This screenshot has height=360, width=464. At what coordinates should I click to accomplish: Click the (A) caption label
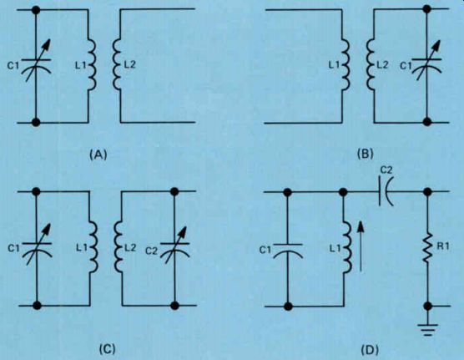(x=98, y=155)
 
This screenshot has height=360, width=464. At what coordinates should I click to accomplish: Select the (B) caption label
(x=366, y=155)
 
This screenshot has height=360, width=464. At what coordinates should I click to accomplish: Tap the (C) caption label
(x=107, y=349)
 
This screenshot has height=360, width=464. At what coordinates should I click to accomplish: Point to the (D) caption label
(x=370, y=350)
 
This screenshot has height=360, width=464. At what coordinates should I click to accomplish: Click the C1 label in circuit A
(x=13, y=66)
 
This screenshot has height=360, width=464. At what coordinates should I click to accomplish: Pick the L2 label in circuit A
(x=129, y=64)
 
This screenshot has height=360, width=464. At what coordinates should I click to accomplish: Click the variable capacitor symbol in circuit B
(x=426, y=63)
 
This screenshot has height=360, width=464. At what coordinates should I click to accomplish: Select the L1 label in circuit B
(x=334, y=65)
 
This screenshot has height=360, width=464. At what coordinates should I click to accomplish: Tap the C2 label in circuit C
(x=151, y=251)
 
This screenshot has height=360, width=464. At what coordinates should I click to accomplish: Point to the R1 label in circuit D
(x=442, y=246)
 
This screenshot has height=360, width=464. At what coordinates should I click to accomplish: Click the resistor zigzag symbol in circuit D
(x=427, y=247)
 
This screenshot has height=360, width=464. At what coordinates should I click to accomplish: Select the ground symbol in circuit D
(x=427, y=330)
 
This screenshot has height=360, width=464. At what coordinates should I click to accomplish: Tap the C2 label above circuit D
(x=386, y=170)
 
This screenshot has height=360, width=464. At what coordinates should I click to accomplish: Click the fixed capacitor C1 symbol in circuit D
(x=287, y=251)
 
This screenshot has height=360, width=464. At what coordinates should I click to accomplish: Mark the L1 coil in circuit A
(x=92, y=65)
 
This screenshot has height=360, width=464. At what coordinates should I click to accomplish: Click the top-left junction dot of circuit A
(x=36, y=10)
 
